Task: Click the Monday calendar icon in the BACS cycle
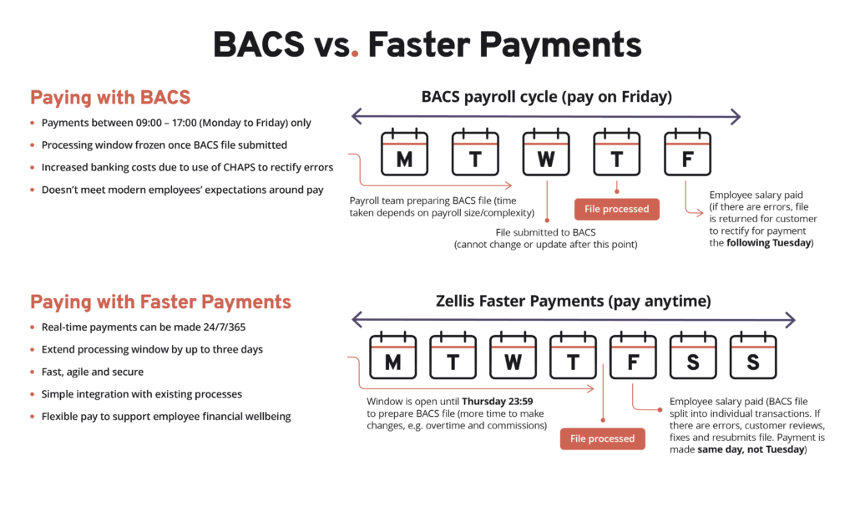(404, 152)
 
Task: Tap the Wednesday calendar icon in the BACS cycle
(546, 152)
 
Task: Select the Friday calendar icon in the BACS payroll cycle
(688, 152)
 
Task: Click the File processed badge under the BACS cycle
(617, 209)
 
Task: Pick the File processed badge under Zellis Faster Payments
(603, 439)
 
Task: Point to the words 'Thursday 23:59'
(498, 402)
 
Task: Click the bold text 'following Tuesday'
(768, 243)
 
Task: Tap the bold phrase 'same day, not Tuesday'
(751, 449)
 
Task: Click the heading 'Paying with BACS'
(110, 98)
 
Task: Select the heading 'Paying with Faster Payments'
(160, 302)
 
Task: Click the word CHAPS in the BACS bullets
(240, 168)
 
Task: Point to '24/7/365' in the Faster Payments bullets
(224, 327)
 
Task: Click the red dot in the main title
(355, 53)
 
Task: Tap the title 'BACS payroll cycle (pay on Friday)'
(546, 97)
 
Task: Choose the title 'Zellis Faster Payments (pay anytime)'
(573, 302)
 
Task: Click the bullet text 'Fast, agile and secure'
(92, 373)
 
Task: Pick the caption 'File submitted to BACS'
(545, 232)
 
